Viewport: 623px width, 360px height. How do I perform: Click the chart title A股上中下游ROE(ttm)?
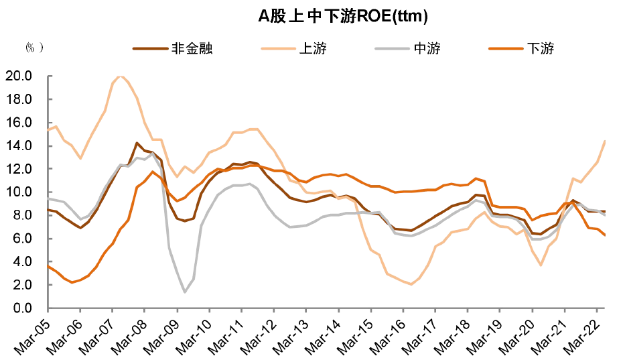(x=342, y=16)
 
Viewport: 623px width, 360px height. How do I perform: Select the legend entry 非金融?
(x=173, y=48)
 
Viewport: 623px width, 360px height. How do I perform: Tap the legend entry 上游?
(x=293, y=48)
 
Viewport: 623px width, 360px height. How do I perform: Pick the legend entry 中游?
(x=408, y=48)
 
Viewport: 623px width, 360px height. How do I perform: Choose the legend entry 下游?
(x=521, y=48)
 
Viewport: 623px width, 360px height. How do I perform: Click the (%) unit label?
(x=34, y=48)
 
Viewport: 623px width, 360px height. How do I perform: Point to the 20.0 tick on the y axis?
(x=18, y=76)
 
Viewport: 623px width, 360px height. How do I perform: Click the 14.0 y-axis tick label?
(x=18, y=145)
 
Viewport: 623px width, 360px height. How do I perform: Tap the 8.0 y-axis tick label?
(x=22, y=215)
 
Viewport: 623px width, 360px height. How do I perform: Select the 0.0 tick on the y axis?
(x=22, y=308)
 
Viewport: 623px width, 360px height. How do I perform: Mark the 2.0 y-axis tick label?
(x=22, y=285)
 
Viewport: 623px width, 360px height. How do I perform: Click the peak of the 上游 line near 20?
(x=121, y=76)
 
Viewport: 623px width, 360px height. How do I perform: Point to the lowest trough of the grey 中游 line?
(x=185, y=292)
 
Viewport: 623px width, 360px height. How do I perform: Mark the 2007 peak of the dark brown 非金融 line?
(x=137, y=143)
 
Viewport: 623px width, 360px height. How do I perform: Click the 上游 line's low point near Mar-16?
(x=411, y=284)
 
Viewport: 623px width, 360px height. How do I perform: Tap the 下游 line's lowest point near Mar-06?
(x=72, y=282)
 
